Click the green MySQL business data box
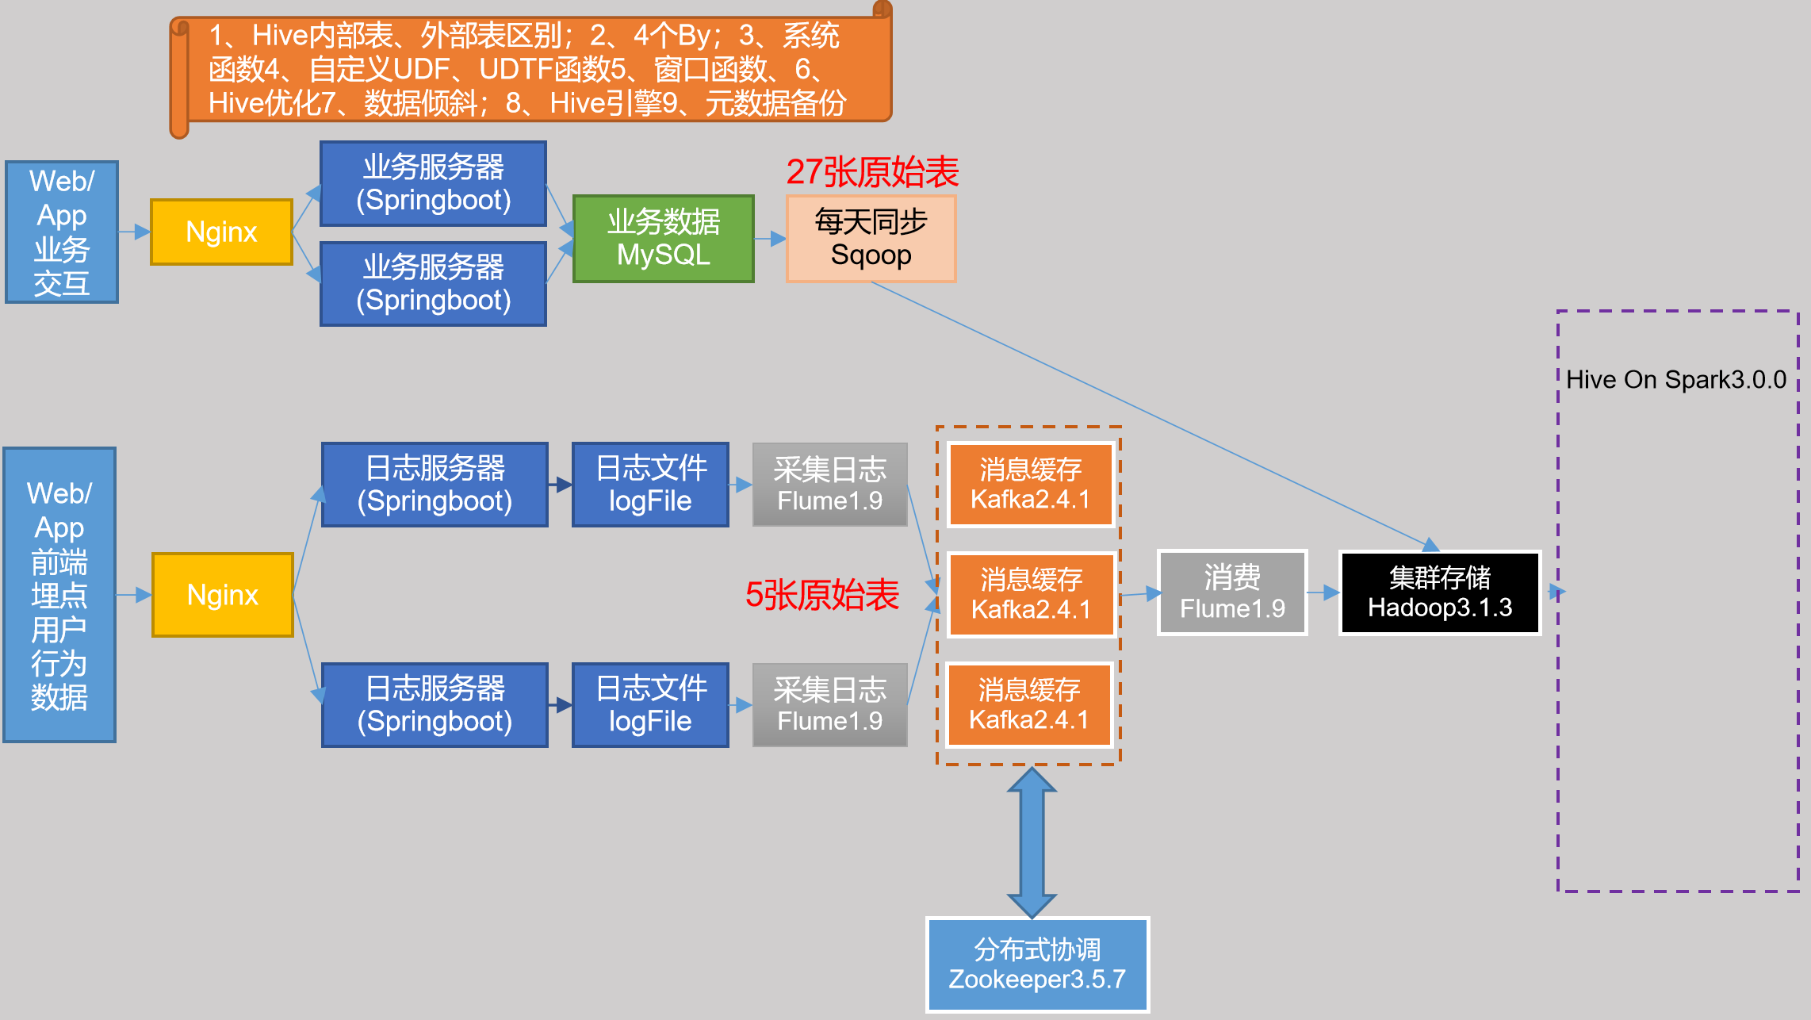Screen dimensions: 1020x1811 [x=663, y=239]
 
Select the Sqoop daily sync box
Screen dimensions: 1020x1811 [x=871, y=239]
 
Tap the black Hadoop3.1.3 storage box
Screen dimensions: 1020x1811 [x=1439, y=593]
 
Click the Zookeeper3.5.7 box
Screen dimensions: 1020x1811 [x=1037, y=964]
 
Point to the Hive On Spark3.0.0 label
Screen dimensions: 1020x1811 [x=1676, y=379]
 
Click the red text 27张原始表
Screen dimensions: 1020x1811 [x=872, y=172]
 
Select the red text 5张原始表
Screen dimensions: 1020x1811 [x=822, y=595]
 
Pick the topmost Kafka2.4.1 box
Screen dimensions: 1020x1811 [x=1031, y=485]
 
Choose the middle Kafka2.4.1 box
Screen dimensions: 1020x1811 [x=1031, y=594]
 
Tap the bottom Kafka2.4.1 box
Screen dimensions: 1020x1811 [x=1029, y=704]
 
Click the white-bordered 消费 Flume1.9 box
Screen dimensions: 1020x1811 [x=1232, y=593]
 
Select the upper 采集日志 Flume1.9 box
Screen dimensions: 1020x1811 [x=829, y=485]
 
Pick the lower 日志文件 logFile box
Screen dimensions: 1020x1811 [x=650, y=705]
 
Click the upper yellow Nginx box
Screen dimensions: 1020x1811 [x=221, y=232]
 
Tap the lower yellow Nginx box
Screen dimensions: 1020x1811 [x=223, y=595]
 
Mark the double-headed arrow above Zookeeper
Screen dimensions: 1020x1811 [x=1032, y=842]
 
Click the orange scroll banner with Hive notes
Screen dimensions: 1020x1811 [x=531, y=70]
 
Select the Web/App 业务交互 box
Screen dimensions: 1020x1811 [x=62, y=232]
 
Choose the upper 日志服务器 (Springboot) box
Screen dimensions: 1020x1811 [x=435, y=485]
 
